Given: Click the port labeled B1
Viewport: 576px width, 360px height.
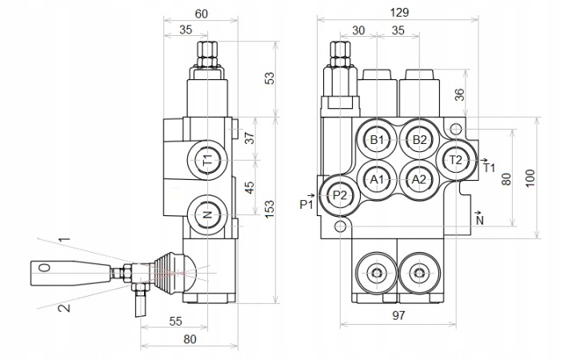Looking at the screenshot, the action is [377, 139].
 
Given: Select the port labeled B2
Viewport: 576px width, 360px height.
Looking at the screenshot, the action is [419, 139].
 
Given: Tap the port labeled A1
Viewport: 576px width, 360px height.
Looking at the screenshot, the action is [377, 180].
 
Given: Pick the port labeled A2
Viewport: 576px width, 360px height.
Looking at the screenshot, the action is [419, 180].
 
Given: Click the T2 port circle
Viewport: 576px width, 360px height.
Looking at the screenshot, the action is [456, 160].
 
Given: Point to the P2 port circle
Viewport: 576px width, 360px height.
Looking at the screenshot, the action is [340, 195].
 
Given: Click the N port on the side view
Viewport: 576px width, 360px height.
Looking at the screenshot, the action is [207, 214].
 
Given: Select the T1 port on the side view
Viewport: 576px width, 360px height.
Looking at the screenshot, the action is [207, 160].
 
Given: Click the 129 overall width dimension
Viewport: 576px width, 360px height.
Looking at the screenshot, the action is [399, 13].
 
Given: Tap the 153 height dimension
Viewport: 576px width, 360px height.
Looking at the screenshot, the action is [270, 210].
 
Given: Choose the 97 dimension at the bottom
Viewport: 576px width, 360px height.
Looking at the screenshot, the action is [398, 315].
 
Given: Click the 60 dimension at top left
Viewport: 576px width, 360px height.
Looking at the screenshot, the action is [201, 14].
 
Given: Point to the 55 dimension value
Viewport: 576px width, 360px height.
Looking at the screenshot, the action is [175, 321].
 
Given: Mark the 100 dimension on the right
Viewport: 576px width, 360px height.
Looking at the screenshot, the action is [530, 178].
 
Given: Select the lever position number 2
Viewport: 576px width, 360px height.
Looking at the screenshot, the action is [65, 306].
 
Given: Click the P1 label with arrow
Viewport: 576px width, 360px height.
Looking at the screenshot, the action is [307, 202].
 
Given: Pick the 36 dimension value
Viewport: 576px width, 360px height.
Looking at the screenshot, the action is [459, 94].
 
